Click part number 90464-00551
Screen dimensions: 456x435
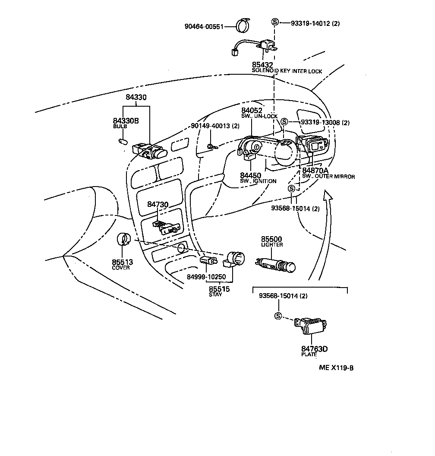pyautogui.click(x=204, y=26)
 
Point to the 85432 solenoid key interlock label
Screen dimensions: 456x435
pyautogui.click(x=262, y=65)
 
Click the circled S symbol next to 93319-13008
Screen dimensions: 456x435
pyautogui.click(x=284, y=122)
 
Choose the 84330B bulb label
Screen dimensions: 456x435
pyautogui.click(x=126, y=120)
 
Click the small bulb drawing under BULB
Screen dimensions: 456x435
pyautogui.click(x=122, y=141)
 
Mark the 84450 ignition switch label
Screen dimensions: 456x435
pyautogui.click(x=250, y=175)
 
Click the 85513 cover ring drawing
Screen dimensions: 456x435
pyautogui.click(x=124, y=240)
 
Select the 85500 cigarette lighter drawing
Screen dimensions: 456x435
pyautogui.click(x=276, y=264)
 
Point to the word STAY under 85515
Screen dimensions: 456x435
pyautogui.click(x=215, y=294)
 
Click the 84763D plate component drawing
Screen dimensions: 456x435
pyautogui.click(x=311, y=326)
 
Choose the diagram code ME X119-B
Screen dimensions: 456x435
pyautogui.click(x=336, y=368)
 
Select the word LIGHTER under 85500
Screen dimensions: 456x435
pyautogui.click(x=272, y=245)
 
